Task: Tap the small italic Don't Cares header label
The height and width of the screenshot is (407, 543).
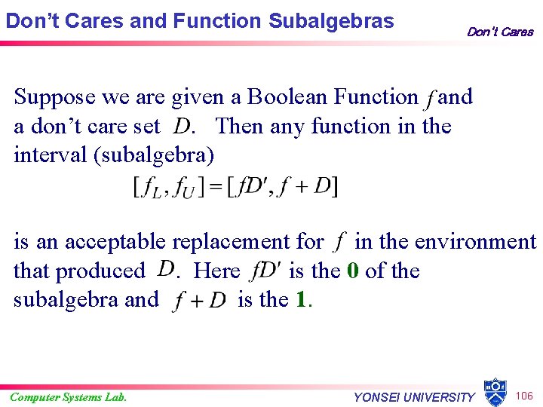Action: [x=499, y=32]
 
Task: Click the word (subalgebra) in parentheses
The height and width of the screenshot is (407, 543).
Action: [x=158, y=156]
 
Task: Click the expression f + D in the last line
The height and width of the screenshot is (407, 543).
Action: [x=199, y=301]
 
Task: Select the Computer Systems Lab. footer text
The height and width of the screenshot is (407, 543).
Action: [x=69, y=397]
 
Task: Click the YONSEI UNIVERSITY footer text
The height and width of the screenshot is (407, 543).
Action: [x=414, y=397]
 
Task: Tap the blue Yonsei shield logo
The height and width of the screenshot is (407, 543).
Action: [x=495, y=392]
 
